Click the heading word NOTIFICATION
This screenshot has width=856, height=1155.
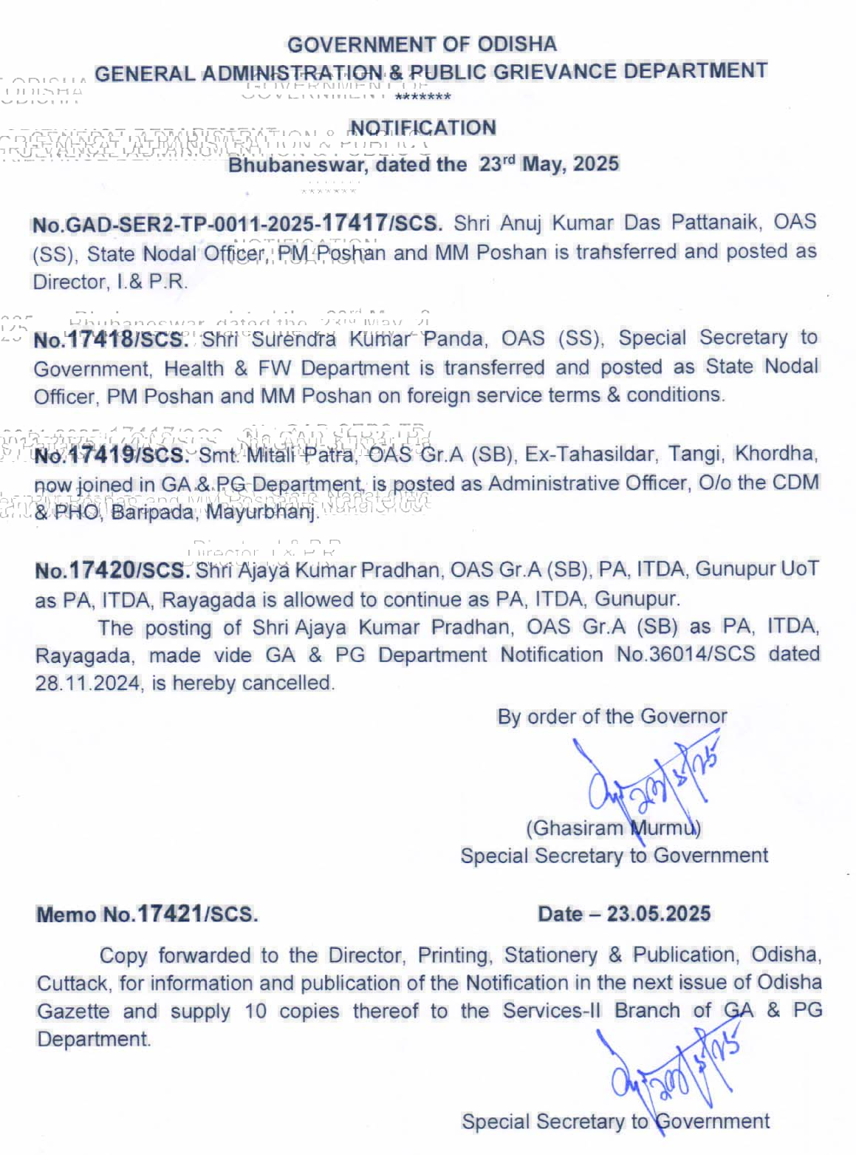click(x=422, y=128)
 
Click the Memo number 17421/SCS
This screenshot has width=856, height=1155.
click(x=197, y=914)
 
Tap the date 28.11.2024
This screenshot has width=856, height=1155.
click(x=87, y=684)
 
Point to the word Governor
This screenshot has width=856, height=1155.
click(x=683, y=716)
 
